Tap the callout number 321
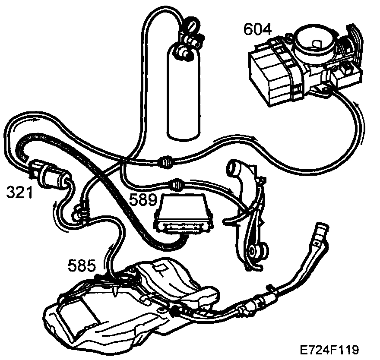click(19, 193)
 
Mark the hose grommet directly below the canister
click(165, 161)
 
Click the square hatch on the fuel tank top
click(161, 269)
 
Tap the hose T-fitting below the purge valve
click(79, 212)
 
